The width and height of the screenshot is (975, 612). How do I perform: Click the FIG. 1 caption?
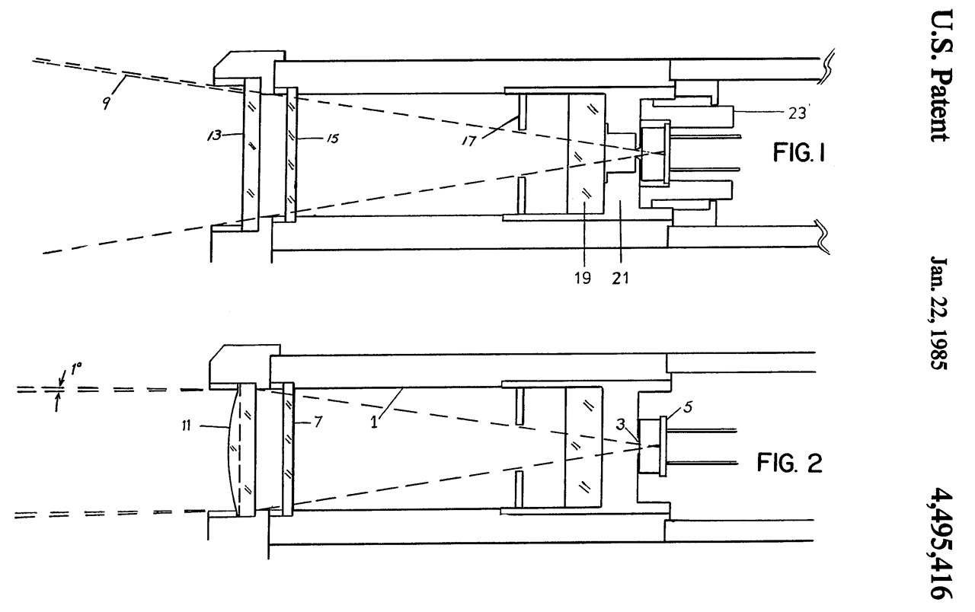click(x=799, y=153)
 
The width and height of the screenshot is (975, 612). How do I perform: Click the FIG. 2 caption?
click(x=790, y=463)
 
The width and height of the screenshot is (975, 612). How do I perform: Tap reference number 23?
click(x=797, y=113)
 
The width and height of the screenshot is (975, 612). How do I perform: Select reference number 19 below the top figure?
click(x=583, y=278)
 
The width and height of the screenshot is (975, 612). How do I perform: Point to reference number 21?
click(x=620, y=278)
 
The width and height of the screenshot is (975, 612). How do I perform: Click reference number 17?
click(x=468, y=141)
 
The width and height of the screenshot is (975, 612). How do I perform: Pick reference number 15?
click(x=332, y=139)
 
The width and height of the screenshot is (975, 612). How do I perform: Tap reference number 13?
click(x=215, y=135)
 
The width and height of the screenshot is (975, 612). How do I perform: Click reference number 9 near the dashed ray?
click(x=106, y=103)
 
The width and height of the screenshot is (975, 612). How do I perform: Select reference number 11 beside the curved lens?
click(x=187, y=426)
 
